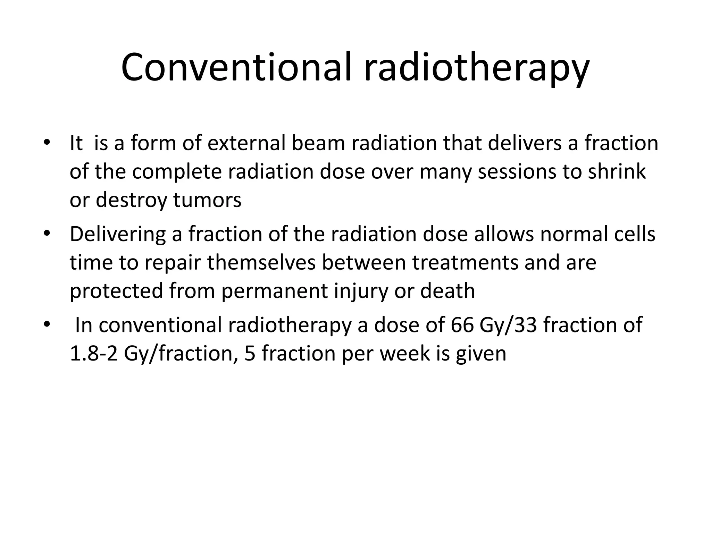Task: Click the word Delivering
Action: [x=118, y=234]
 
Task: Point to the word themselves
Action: [x=261, y=263]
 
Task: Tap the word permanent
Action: [x=274, y=291]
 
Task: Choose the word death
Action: [x=447, y=291]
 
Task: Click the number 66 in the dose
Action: [x=462, y=325]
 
